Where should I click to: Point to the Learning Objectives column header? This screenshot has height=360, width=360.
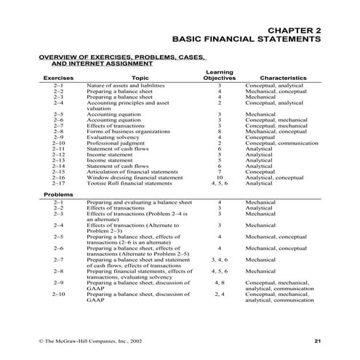click(219, 74)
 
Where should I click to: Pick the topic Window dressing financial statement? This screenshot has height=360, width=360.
click(135, 177)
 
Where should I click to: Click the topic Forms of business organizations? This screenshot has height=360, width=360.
click(133, 132)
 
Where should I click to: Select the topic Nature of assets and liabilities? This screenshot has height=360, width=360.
click(130, 86)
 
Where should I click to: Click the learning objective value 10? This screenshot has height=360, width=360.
click(219, 177)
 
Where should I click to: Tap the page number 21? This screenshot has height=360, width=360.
click(317, 340)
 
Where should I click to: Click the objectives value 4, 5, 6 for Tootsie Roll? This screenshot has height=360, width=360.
click(219, 183)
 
